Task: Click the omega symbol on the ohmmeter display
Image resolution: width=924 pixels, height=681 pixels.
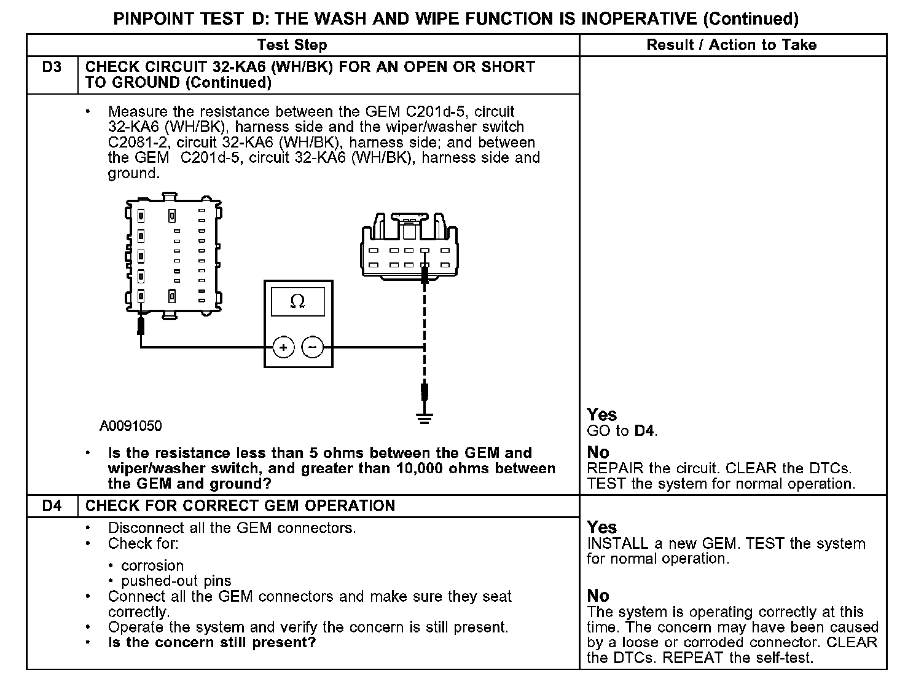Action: pyautogui.click(x=297, y=301)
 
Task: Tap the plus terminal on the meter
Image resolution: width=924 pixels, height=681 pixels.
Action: pyautogui.click(x=283, y=348)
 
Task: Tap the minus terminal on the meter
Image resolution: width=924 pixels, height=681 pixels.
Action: pyautogui.click(x=313, y=348)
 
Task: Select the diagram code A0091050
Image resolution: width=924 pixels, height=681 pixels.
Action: pyautogui.click(x=131, y=426)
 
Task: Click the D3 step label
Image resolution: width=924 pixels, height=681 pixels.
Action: pyautogui.click(x=52, y=67)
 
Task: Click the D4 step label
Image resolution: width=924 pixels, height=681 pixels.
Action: pyautogui.click(x=52, y=506)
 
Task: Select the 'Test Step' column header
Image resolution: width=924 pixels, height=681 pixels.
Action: pyautogui.click(x=292, y=45)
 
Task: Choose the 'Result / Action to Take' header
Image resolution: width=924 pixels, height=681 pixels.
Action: pyautogui.click(x=732, y=45)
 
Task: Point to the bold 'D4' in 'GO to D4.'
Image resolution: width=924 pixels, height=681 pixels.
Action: pyautogui.click(x=644, y=431)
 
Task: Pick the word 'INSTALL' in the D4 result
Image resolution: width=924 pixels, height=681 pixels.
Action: pyautogui.click(x=617, y=543)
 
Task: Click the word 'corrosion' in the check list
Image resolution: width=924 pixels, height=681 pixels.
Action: pyautogui.click(x=152, y=565)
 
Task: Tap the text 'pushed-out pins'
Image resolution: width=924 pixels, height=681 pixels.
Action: pyautogui.click(x=176, y=581)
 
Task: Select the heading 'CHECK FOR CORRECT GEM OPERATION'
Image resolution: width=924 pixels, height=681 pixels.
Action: pyautogui.click(x=240, y=506)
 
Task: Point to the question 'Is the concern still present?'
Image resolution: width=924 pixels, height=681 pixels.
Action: pyautogui.click(x=212, y=643)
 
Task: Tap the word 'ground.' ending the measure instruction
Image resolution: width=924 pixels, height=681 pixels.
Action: pyautogui.click(x=134, y=173)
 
